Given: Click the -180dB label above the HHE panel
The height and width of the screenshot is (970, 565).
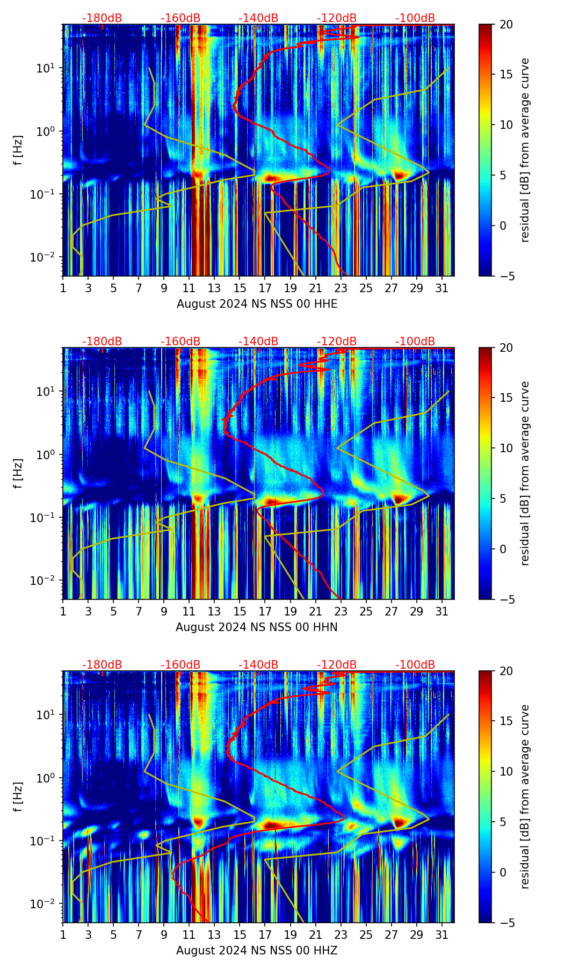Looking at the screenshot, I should click(102, 18).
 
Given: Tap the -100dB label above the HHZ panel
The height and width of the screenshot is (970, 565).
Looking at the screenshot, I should click(415, 665).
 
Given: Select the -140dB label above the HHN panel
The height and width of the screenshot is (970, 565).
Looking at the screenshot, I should click(258, 342).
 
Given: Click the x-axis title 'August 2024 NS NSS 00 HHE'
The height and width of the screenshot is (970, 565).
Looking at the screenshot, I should click(257, 304).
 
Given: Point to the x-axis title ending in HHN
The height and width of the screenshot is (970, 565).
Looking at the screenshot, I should click(256, 627).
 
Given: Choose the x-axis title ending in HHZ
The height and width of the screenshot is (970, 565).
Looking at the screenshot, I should click(256, 951).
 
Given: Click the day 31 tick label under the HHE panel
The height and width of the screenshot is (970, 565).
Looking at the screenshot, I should click(442, 288).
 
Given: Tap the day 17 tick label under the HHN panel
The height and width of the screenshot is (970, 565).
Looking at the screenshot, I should click(265, 612).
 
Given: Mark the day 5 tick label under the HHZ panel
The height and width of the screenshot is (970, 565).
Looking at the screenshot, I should click(113, 935).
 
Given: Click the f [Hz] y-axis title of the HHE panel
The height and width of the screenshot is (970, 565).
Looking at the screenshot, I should click(18, 150).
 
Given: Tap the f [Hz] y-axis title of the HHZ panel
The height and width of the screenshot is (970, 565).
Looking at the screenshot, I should click(18, 797).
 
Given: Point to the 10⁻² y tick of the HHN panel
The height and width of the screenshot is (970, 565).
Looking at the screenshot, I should click(48, 580).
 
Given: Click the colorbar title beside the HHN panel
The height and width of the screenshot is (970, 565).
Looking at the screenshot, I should click(525, 473).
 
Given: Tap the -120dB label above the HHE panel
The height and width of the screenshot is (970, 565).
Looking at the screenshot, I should click(337, 18).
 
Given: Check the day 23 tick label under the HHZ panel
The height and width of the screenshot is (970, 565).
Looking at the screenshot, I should click(341, 935).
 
